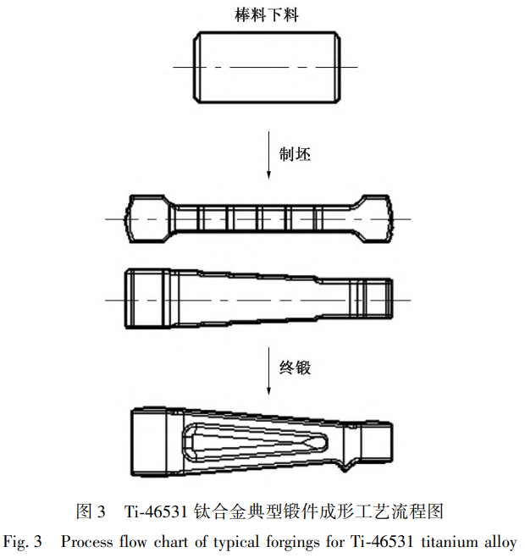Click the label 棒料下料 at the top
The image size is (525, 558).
[267, 15]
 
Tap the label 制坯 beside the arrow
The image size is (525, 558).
[295, 154]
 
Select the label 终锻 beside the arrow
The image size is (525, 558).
[295, 367]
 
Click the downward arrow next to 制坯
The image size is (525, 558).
[268, 155]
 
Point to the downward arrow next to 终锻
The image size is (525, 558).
[268, 371]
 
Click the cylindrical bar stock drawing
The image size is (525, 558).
[267, 67]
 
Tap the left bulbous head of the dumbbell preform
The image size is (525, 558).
[146, 218]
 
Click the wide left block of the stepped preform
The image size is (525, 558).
[147, 298]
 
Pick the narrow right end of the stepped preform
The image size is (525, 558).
[371, 298]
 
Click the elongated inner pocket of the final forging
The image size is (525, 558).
[255, 442]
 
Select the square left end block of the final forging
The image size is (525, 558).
[149, 442]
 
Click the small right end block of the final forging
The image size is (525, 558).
[378, 442]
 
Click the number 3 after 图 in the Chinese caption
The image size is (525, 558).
[101, 511]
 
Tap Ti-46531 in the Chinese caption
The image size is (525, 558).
[156, 511]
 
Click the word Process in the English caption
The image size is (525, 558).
[86, 542]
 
